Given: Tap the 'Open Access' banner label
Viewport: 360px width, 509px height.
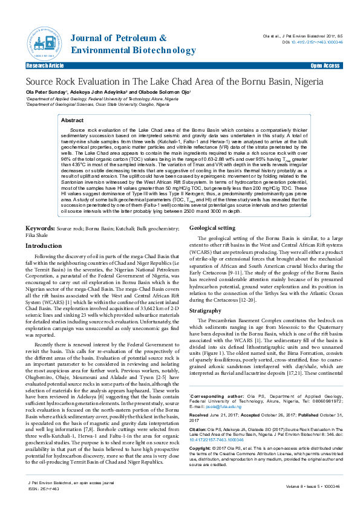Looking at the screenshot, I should click(x=325, y=65).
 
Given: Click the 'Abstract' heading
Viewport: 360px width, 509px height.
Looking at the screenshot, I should click(x=72, y=121).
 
